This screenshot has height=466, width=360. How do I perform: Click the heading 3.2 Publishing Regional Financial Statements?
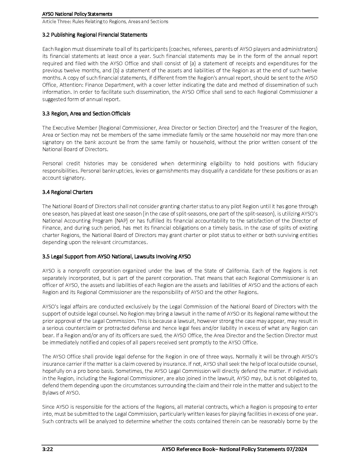pos(95,35)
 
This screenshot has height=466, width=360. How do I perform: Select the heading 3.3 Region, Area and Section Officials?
pos(86,114)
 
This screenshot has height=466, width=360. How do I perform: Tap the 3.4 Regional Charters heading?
pos(67,192)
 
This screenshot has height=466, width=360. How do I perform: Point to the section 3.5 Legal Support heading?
pos(116,256)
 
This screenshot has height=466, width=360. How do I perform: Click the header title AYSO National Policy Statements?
pos(77,14)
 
